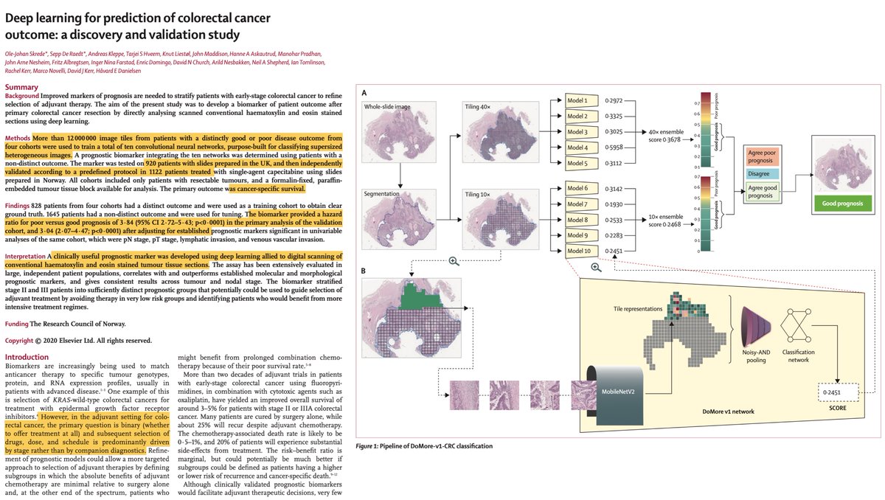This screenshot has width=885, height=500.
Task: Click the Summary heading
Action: point(21,87)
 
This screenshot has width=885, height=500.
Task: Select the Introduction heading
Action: point(28,357)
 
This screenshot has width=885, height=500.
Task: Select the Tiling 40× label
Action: point(482,108)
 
